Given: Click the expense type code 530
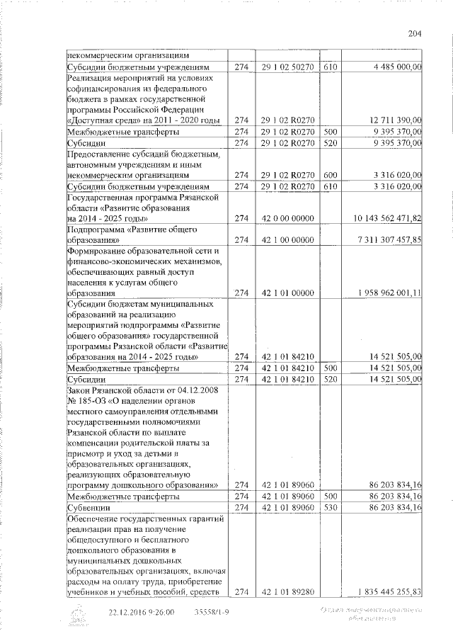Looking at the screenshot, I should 330,508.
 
